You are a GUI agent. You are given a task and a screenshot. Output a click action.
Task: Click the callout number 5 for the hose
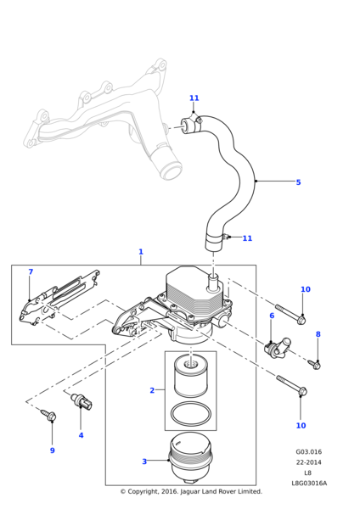pos(298,182)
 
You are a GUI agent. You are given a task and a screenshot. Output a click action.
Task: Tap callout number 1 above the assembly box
pos(141,252)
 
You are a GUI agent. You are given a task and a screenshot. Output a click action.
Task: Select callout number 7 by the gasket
pos(31,271)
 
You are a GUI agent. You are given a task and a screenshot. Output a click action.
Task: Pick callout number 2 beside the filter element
pos(152,390)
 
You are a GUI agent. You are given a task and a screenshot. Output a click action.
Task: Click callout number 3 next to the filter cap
pos(144,461)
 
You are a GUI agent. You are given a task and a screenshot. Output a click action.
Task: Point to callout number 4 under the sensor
pos(81,435)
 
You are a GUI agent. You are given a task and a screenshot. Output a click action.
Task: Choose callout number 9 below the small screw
pos(53,450)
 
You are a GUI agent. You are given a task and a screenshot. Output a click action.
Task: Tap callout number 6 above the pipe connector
pos(272,316)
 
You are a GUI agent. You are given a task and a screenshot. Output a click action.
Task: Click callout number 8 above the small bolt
pos(318,334)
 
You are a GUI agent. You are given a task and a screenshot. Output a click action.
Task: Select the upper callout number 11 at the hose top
pos(194,98)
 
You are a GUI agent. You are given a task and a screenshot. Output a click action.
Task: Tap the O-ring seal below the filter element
pos(191,414)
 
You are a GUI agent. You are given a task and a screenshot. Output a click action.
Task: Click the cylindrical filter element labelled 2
pos(191,375)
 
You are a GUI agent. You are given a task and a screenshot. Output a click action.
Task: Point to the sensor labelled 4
pos(82,401)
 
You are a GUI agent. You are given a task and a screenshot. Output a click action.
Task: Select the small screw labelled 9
pos(48,415)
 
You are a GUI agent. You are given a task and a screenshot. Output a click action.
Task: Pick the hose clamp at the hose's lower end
pos(217,240)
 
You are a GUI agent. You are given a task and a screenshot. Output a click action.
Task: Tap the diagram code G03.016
pos(309,452)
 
